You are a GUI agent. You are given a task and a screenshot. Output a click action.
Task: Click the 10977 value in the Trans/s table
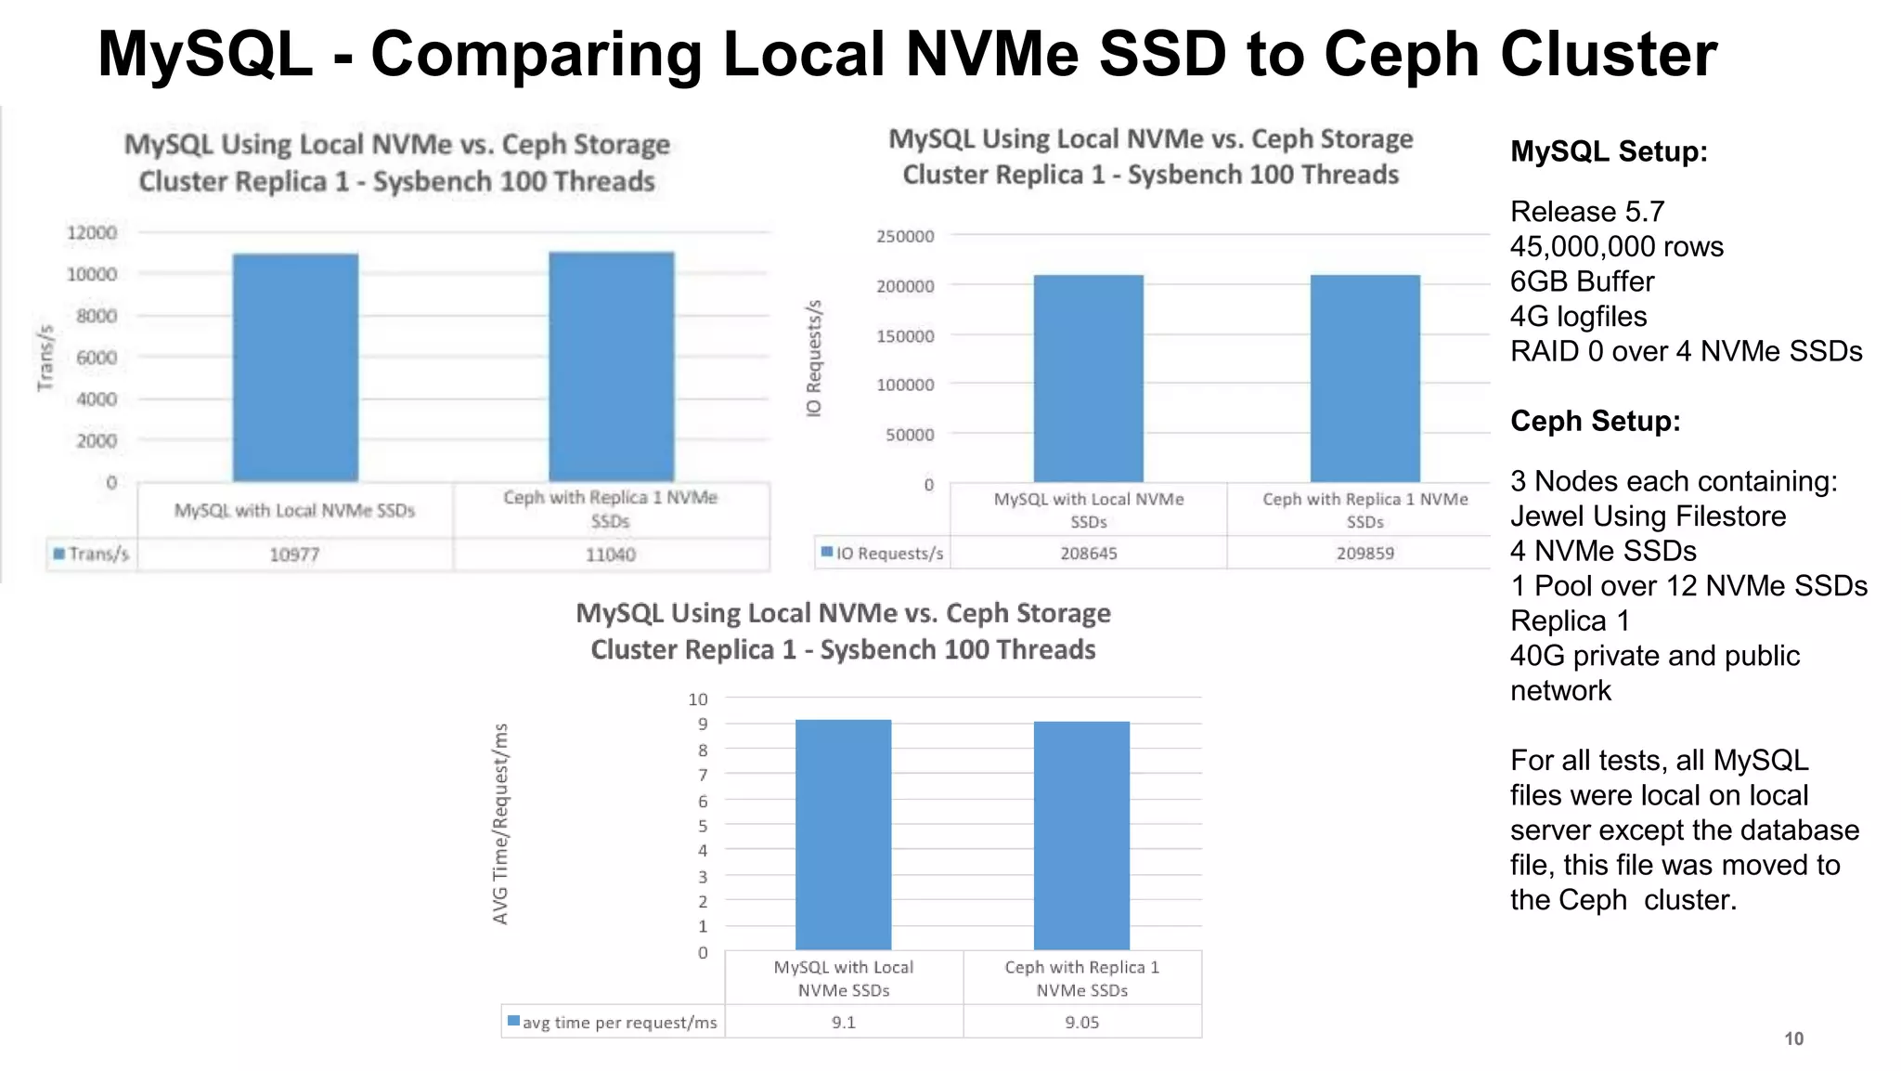pyautogui.click(x=294, y=555)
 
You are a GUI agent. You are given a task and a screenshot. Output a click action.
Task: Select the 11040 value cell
pyautogui.click(x=611, y=555)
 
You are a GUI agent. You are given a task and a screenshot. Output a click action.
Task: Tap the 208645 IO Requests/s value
pyautogui.click(x=1089, y=553)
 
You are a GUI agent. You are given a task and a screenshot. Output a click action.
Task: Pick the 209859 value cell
pyautogui.click(x=1365, y=553)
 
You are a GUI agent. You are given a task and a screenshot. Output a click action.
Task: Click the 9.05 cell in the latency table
pyautogui.click(x=1082, y=1022)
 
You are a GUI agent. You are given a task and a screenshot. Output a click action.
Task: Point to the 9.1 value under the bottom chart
pyautogui.click(x=844, y=1022)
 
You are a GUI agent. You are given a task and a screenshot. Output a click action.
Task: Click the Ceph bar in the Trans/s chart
pyautogui.click(x=611, y=367)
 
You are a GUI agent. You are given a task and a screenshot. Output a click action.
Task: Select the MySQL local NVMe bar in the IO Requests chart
pyautogui.click(x=1089, y=378)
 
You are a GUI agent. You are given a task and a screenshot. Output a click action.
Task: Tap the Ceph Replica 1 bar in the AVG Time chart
pyautogui.click(x=1082, y=835)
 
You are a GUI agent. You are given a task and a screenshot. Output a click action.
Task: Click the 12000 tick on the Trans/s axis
pyautogui.click(x=92, y=232)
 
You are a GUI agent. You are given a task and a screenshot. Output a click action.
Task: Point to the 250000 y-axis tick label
pyautogui.click(x=905, y=236)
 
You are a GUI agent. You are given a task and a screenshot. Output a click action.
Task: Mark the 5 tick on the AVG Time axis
pyautogui.click(x=703, y=826)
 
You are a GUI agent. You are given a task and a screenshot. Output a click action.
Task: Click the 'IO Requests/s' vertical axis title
pyautogui.click(x=814, y=359)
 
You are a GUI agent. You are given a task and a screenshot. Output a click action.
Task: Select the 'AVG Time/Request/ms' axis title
pyautogui.click(x=500, y=824)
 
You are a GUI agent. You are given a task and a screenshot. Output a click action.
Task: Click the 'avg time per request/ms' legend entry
pyautogui.click(x=613, y=1022)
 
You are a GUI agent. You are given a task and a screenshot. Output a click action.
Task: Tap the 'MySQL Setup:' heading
pyautogui.click(x=1609, y=151)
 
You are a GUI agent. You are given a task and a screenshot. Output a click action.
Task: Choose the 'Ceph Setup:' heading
pyautogui.click(x=1596, y=421)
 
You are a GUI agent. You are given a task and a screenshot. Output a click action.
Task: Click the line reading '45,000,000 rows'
pyautogui.click(x=1616, y=246)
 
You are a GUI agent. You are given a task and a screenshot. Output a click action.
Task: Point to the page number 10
pyautogui.click(x=1793, y=1038)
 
